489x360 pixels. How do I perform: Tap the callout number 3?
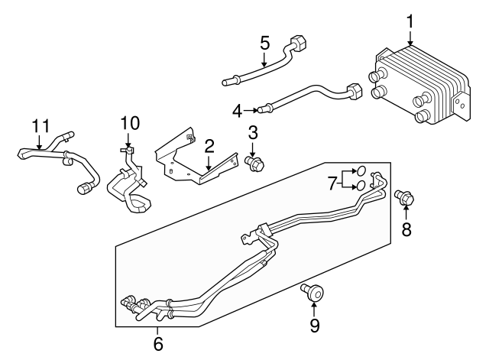[252, 132]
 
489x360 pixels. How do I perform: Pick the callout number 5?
[264, 42]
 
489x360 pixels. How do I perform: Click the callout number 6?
[158, 344]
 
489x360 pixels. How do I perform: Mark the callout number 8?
[406, 229]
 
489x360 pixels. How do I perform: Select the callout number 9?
[314, 326]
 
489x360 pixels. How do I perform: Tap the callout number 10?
[130, 122]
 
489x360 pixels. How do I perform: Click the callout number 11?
[40, 125]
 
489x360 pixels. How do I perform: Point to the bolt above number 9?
[313, 290]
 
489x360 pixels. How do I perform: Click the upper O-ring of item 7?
[361, 171]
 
